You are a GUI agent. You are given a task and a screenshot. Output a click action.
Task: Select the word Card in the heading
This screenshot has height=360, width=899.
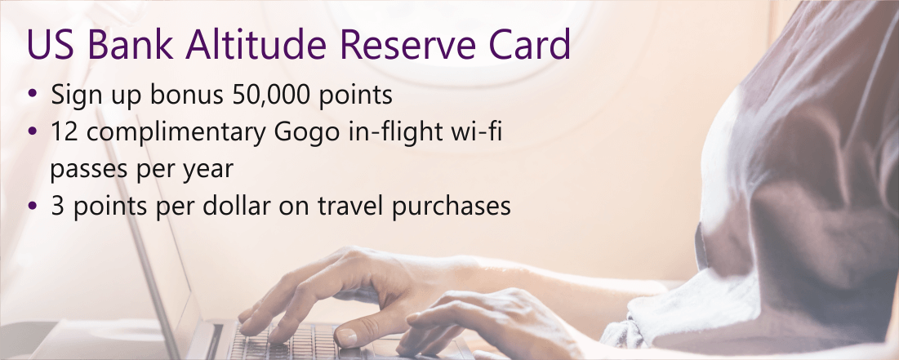coord(530,45)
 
